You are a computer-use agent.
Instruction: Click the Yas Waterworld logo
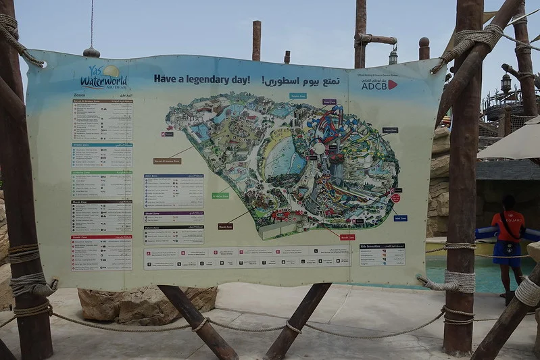[x=103, y=78]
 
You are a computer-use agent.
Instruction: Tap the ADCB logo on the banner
[x=379, y=84]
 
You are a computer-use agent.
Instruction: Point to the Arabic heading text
[x=301, y=80]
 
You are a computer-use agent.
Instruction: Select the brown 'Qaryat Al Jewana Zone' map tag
[x=167, y=161]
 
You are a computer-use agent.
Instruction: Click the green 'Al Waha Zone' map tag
[x=220, y=196]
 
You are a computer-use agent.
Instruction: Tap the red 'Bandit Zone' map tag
[x=347, y=237]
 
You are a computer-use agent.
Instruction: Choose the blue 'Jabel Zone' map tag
[x=400, y=218]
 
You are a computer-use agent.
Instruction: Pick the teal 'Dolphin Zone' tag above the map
[x=297, y=96]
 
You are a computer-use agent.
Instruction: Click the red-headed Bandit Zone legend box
[x=102, y=252]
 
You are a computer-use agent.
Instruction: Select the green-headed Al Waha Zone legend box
[x=102, y=183]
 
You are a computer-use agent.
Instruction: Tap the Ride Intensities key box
[x=382, y=254]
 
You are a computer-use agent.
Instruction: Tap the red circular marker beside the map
[x=395, y=198]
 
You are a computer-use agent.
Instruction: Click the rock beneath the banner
[x=145, y=304]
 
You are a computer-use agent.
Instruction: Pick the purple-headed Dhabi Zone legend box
[x=174, y=217]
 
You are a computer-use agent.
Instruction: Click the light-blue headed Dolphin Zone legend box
[x=102, y=155]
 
